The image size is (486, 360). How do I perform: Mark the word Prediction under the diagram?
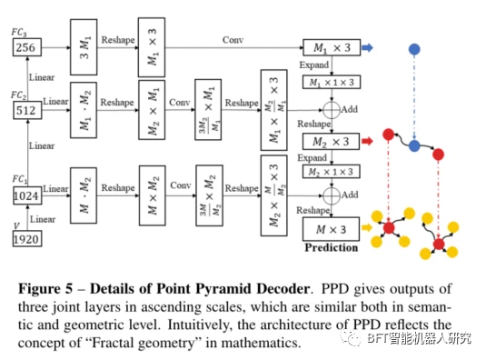pyautogui.click(x=331, y=247)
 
